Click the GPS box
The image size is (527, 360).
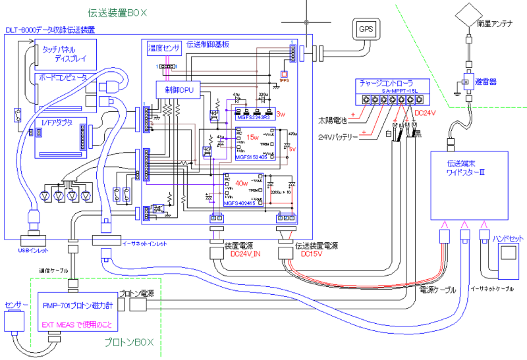click(x=365, y=29)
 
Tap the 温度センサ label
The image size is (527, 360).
click(x=164, y=48)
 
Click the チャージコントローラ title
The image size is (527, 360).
click(x=386, y=84)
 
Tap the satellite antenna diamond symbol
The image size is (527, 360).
click(x=469, y=13)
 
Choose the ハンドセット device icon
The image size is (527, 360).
click(x=508, y=259)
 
